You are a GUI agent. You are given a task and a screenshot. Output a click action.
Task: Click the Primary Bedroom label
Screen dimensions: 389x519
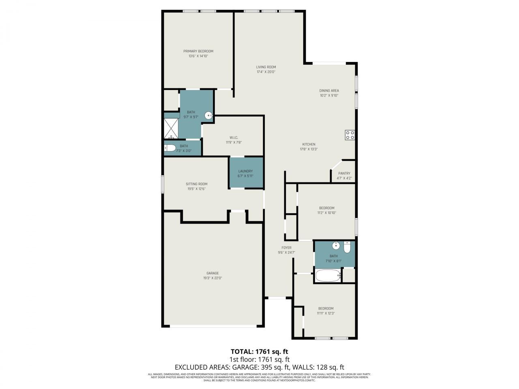tap(198, 51)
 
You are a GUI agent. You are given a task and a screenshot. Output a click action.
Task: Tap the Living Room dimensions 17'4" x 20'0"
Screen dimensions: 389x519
tap(266, 72)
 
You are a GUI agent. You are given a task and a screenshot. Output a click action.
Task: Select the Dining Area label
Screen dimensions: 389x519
tap(329, 91)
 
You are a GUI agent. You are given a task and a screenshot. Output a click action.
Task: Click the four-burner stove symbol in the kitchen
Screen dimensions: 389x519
tap(350, 135)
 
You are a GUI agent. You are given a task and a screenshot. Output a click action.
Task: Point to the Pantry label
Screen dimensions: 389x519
tap(344, 173)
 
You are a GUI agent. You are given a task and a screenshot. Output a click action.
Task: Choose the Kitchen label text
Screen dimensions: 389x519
tap(309, 144)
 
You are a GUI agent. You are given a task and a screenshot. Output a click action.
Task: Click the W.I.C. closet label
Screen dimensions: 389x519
tap(234, 137)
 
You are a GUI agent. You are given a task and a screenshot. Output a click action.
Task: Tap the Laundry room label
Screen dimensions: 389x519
tap(245, 171)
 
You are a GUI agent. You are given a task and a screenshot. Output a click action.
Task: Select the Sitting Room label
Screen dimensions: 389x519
tap(197, 184)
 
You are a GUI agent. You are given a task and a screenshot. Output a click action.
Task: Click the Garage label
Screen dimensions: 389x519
tap(212, 273)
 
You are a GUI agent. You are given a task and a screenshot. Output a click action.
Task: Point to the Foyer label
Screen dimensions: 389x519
tap(286, 248)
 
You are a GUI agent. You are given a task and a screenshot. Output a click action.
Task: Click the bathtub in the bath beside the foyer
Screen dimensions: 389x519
tap(328, 276)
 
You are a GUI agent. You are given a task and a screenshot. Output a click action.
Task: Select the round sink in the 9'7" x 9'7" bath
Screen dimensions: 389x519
tap(209, 116)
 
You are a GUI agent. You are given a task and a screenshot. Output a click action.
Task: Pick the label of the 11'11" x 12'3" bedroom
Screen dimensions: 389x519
tap(326, 308)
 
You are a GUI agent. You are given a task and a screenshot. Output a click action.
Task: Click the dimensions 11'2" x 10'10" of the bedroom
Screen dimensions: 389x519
tap(326, 213)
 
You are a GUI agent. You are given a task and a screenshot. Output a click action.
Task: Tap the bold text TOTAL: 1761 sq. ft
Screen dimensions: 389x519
tap(259, 351)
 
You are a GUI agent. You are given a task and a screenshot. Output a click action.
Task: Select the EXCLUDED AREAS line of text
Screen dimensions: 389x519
tap(259, 367)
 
